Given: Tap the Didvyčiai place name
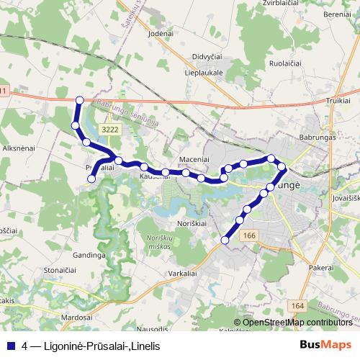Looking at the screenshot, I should click(210, 57).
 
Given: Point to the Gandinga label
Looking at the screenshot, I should click(89, 255).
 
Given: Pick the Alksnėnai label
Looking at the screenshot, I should click(19, 147).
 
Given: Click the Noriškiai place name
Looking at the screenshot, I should click(183, 204).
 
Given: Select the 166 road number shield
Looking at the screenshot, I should click(250, 236).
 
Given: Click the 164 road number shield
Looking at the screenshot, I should click(298, 307).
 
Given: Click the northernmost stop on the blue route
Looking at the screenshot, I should click(79, 100).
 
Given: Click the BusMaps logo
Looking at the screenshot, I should click(325, 344).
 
